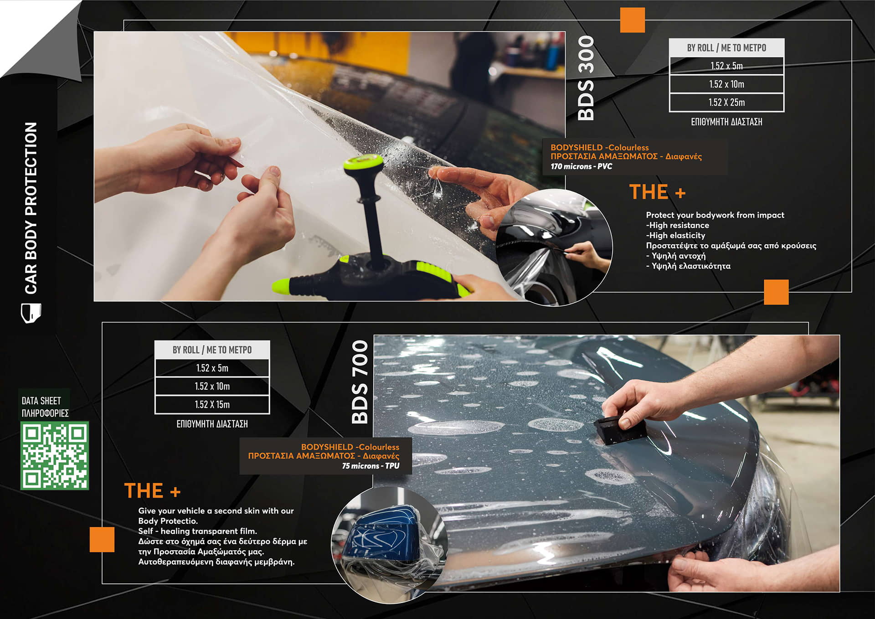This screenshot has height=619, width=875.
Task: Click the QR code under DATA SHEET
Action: (x=54, y=455)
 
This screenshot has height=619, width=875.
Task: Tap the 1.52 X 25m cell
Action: (x=726, y=103)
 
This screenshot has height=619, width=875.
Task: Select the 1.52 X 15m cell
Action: (x=212, y=405)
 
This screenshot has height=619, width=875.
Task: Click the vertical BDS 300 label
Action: (x=586, y=78)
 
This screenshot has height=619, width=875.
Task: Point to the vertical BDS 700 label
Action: (x=360, y=382)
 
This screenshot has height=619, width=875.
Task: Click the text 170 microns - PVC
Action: (x=581, y=166)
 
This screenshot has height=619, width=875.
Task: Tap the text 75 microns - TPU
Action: (x=371, y=466)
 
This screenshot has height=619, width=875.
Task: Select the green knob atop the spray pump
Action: (x=363, y=163)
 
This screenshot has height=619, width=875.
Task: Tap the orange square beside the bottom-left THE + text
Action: (x=102, y=540)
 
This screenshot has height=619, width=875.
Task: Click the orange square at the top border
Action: (x=633, y=20)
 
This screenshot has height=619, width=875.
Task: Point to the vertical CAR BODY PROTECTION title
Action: (x=31, y=208)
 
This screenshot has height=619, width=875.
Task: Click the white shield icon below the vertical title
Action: (x=31, y=313)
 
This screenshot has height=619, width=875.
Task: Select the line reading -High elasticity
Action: (x=675, y=235)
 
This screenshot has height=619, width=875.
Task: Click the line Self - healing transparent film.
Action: (x=198, y=531)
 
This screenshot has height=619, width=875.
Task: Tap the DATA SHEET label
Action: (x=41, y=401)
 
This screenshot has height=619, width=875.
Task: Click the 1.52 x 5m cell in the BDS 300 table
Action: (x=726, y=66)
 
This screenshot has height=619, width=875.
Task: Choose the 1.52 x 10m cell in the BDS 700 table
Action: (x=212, y=387)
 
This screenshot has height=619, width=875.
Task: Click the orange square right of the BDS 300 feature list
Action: (x=776, y=292)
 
